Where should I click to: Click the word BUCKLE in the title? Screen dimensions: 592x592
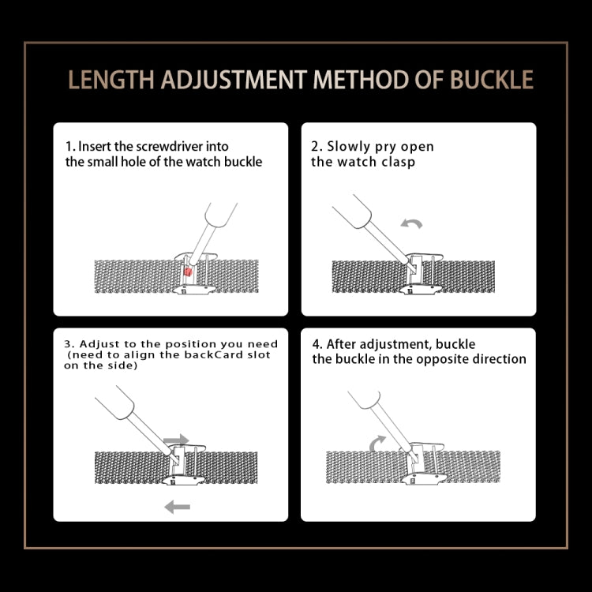(492, 80)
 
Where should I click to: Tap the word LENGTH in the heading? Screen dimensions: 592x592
(111, 80)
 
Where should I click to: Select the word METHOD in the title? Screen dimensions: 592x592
(360, 80)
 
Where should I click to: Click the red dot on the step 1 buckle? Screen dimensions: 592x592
(188, 272)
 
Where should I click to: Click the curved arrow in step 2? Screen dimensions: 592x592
(411, 223)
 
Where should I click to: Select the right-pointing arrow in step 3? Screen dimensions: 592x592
(176, 440)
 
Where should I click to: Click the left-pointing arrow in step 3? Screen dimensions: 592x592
(177, 507)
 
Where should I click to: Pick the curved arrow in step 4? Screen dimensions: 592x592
(377, 443)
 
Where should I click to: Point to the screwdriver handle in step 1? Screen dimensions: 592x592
(221, 215)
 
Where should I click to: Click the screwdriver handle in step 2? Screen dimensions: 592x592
(352, 212)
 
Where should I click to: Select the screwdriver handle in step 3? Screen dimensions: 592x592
(114, 402)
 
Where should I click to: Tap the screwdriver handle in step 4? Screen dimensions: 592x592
(365, 399)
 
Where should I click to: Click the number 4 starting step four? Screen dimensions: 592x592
(316, 344)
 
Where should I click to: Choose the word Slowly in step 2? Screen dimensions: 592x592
(348, 147)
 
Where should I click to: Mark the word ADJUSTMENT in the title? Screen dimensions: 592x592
(234, 80)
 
